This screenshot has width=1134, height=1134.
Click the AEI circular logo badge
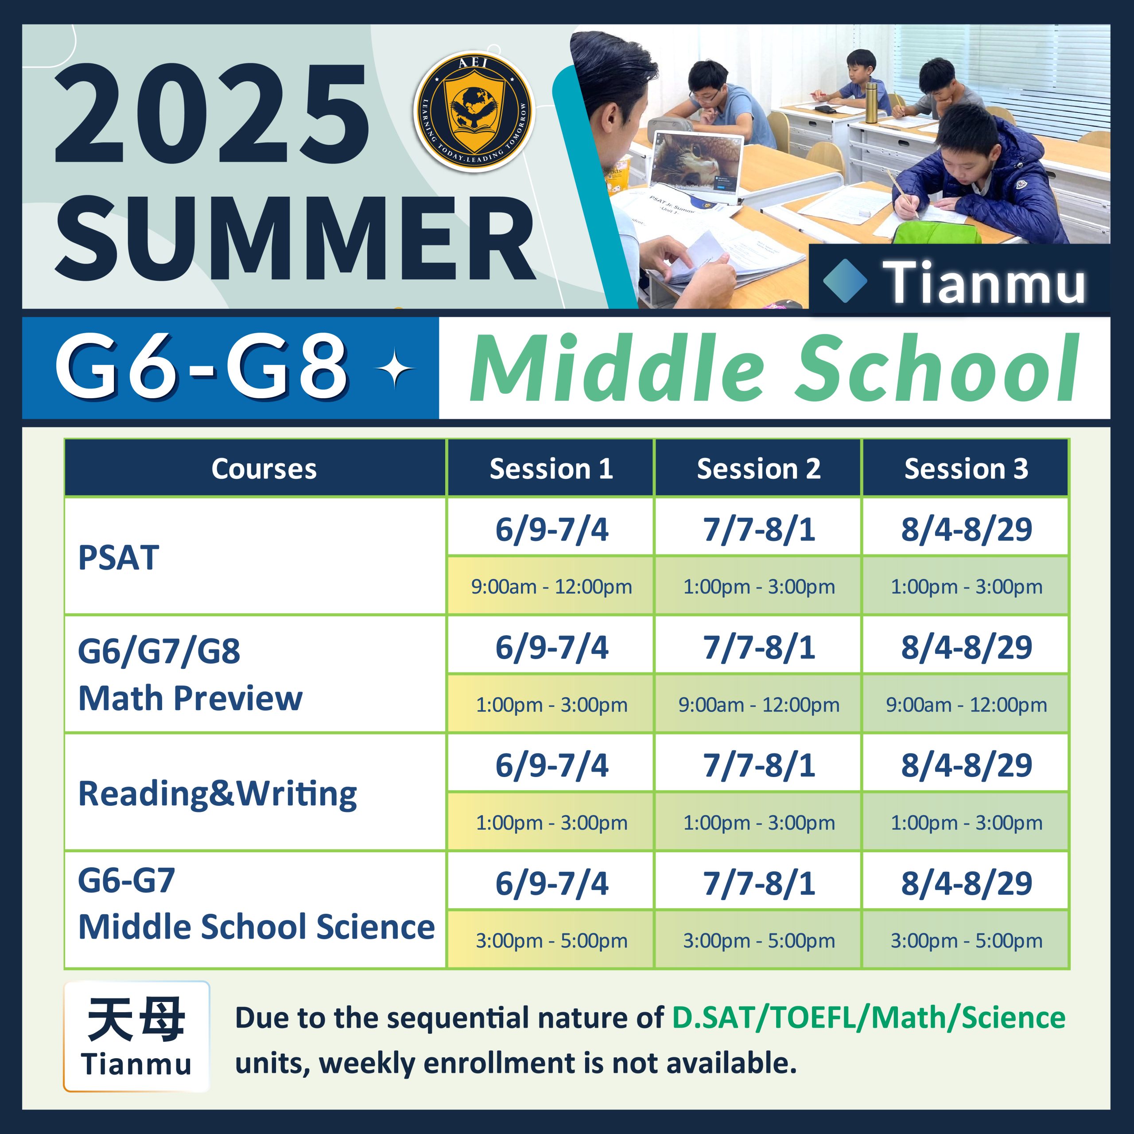click(x=474, y=112)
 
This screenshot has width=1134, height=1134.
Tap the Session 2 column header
click(x=758, y=468)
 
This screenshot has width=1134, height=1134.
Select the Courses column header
click(x=264, y=468)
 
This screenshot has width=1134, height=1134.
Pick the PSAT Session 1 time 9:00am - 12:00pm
click(x=551, y=586)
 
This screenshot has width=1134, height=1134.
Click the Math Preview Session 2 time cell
click(x=758, y=704)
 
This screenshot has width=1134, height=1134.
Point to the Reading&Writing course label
click(x=217, y=794)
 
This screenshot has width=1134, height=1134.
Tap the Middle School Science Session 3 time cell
click(x=966, y=940)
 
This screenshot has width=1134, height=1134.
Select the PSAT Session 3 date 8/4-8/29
click(x=966, y=529)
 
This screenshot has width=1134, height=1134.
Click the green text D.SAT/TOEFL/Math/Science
click(x=869, y=1017)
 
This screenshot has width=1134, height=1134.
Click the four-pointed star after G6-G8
click(x=396, y=369)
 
